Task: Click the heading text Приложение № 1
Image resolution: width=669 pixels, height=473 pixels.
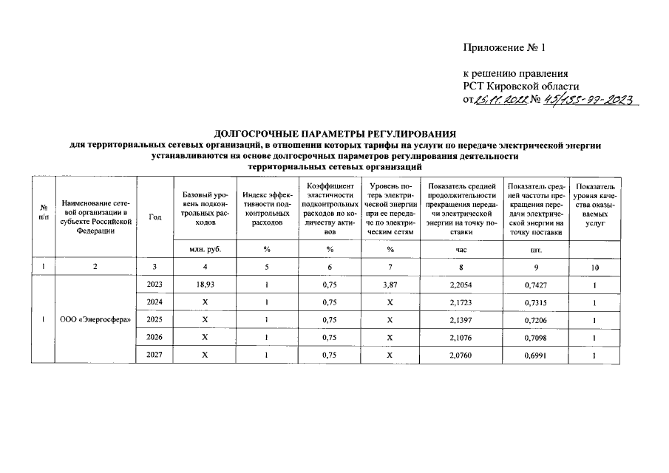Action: pyautogui.click(x=503, y=50)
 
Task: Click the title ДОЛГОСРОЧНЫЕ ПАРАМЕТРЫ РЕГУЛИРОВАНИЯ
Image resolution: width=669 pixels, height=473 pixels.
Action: pyautogui.click(x=334, y=134)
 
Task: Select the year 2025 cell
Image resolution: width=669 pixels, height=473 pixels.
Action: pyautogui.click(x=155, y=319)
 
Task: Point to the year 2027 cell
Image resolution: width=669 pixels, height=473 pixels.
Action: pyautogui.click(x=155, y=355)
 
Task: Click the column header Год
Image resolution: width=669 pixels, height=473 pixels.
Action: pyautogui.click(x=155, y=217)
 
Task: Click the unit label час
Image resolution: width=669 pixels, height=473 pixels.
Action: pyautogui.click(x=461, y=250)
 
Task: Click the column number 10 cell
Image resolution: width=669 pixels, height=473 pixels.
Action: pyautogui.click(x=594, y=267)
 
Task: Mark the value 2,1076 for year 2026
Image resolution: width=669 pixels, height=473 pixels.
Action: pyautogui.click(x=461, y=337)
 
